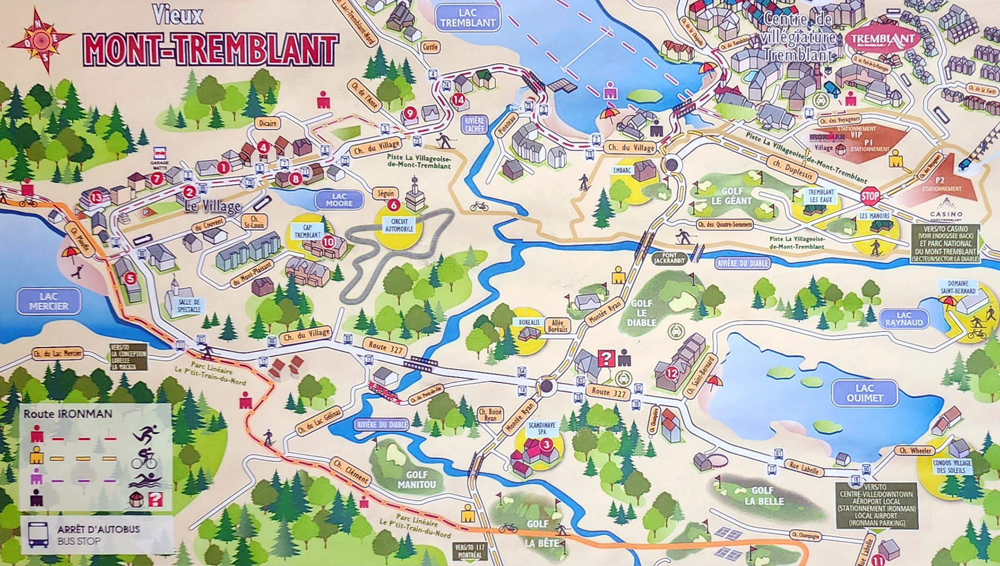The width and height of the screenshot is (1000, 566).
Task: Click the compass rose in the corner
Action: point(41,40)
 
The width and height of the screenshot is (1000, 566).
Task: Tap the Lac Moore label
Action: point(339,200)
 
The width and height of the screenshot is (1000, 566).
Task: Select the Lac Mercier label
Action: point(48,301)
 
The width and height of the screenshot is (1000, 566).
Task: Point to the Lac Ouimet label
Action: point(864,393)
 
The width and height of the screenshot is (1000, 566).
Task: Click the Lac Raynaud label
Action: point(904,319)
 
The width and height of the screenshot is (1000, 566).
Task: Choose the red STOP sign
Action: point(870,196)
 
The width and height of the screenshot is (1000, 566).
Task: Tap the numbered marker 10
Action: point(328,242)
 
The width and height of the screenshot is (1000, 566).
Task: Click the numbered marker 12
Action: point(671,373)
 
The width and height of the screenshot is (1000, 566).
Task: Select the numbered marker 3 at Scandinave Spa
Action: point(546,444)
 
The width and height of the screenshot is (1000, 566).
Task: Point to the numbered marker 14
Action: point(458,99)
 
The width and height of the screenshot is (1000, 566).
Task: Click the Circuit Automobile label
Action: point(399,225)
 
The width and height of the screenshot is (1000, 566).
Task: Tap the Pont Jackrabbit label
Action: point(669,258)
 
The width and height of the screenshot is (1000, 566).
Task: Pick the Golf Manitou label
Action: point(417,480)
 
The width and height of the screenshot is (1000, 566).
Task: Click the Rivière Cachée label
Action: point(474,124)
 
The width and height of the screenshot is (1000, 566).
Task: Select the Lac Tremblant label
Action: point(468,18)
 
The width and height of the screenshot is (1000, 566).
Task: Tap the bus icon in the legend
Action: point(39,535)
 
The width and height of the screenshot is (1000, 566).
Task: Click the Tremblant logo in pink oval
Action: point(882,39)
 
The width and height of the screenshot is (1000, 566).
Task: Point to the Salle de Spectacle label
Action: point(189,306)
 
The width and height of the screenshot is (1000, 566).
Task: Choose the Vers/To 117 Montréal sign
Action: point(469,551)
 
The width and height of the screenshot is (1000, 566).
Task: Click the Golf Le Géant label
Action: point(732,196)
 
